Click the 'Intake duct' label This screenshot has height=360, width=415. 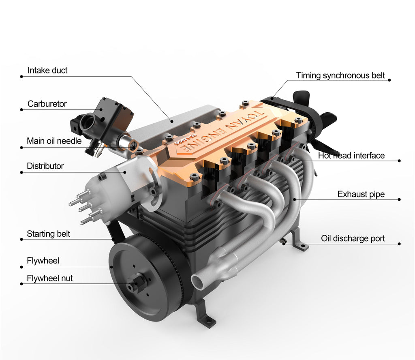click(47, 71)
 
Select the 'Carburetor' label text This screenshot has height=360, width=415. click(47, 104)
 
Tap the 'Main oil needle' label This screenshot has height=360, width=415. click(54, 141)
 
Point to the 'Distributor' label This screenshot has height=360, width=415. click(45, 166)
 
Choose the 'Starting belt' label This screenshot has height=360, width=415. click(48, 234)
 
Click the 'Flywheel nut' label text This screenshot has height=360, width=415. click(50, 278)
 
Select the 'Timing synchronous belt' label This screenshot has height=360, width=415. click(340, 75)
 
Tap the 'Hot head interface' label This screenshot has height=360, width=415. click(351, 156)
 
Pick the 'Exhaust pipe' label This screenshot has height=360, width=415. click(361, 195)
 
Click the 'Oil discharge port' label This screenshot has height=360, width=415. click(353, 238)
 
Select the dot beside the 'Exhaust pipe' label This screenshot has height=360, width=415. click(399, 199)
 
